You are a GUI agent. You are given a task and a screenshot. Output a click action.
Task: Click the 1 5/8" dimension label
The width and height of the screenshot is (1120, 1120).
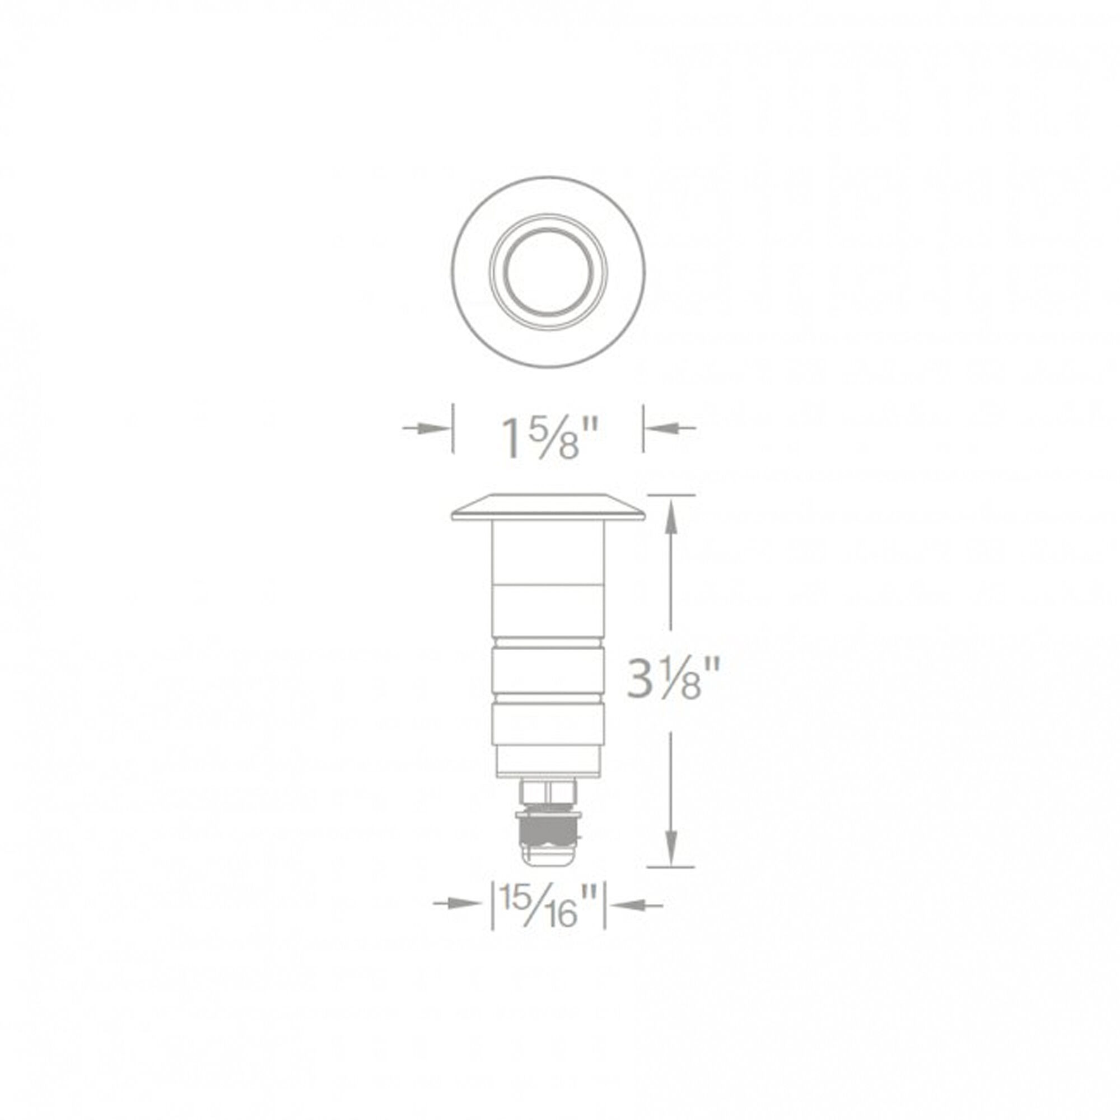pyautogui.click(x=548, y=439)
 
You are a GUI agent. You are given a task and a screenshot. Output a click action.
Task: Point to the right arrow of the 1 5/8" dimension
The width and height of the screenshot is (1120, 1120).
pyautogui.click(x=670, y=428)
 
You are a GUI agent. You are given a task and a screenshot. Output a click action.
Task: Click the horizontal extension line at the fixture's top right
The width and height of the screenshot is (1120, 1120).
pyautogui.click(x=671, y=494)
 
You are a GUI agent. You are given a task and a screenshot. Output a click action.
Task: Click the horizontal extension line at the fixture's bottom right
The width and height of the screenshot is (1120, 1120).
pyautogui.click(x=671, y=883)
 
